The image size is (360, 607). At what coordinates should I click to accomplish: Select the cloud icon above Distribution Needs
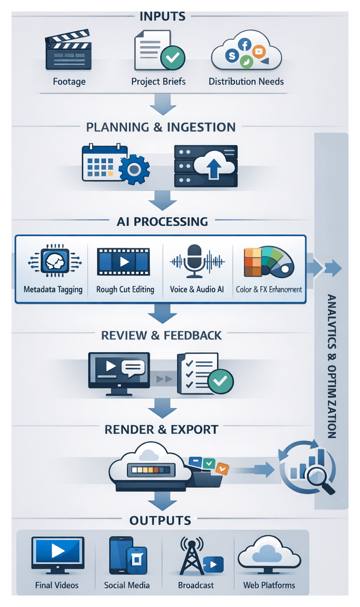(x=246, y=53)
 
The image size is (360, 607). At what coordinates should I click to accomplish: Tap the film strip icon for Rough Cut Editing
(x=123, y=262)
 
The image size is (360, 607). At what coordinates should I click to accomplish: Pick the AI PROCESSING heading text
(x=162, y=221)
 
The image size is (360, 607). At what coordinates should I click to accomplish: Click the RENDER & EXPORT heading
(x=161, y=430)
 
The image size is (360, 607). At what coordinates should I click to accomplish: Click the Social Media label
(x=127, y=585)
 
